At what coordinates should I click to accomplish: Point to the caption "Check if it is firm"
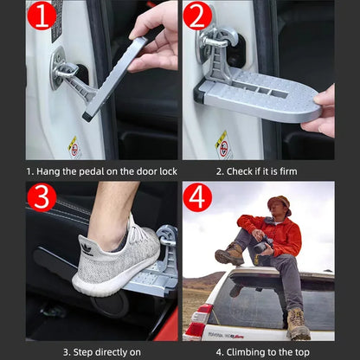[x=256, y=171]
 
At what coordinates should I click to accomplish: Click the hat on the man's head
[x=279, y=203]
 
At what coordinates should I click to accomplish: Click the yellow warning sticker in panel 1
[x=75, y=146]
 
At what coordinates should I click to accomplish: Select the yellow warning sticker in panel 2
[x=223, y=144]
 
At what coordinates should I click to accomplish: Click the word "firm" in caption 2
[x=287, y=171]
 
